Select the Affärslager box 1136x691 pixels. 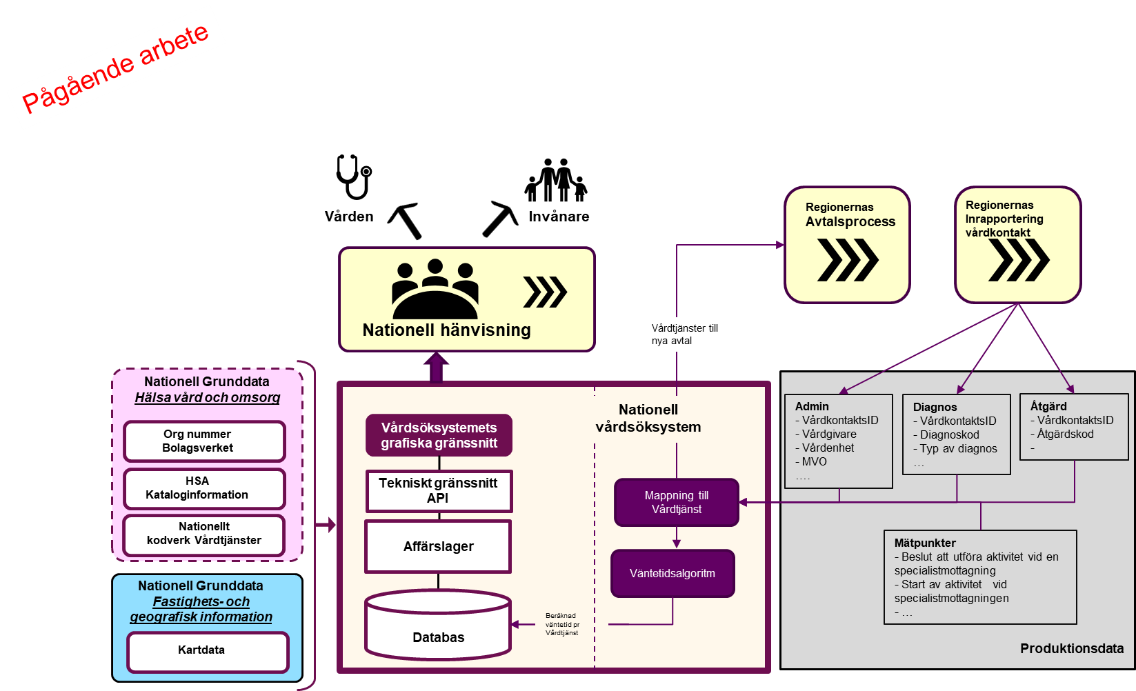point(438,546)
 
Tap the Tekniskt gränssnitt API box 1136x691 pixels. point(439,491)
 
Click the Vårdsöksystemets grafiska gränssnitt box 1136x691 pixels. point(439,435)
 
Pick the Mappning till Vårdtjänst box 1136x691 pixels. point(676,502)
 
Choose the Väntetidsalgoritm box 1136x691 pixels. point(672,573)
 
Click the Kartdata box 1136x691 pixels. point(208,652)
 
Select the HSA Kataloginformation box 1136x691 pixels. point(204,488)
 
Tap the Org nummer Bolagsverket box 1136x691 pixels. point(204,441)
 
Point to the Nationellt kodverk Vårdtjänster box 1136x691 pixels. point(204,534)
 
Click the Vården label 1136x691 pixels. point(350,217)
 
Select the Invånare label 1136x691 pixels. point(559,217)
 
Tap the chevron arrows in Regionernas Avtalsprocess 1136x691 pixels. point(848,260)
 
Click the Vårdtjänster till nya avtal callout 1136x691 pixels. point(687,334)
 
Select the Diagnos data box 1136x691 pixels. point(956,434)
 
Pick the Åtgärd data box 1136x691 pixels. point(1074,427)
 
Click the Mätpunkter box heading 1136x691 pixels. point(925,543)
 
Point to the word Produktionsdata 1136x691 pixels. point(1072,648)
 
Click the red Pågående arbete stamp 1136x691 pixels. point(116,68)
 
